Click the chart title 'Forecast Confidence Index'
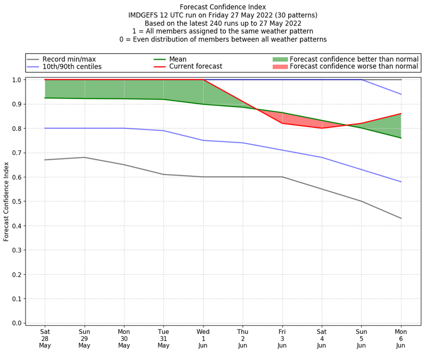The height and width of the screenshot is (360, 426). coord(223,6)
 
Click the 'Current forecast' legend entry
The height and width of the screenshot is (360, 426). coord(195,67)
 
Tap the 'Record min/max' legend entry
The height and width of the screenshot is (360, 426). coord(69,59)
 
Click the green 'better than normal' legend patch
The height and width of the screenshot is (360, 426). coord(280,59)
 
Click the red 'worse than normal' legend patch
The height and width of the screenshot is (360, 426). coord(280,67)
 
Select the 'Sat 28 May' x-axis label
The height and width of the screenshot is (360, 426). coord(45,338)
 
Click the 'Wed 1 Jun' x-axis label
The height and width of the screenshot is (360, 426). coord(203,338)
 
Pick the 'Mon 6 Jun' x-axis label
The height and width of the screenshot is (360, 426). coord(401,338)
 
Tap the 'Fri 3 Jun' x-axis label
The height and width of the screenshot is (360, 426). coord(282,338)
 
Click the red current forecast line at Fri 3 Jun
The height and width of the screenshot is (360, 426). coord(282,123)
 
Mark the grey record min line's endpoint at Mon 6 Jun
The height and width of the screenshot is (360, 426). coord(401,218)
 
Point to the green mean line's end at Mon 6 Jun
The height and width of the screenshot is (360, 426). coord(401,138)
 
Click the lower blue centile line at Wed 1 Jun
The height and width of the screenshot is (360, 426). coord(203,140)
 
